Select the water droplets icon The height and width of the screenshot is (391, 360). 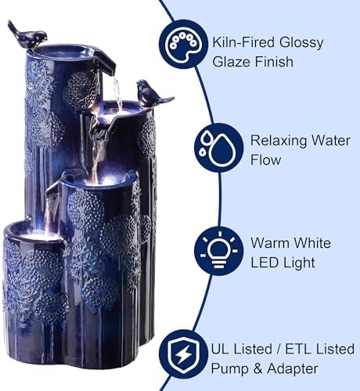[218, 148]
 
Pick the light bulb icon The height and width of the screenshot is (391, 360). [218, 250]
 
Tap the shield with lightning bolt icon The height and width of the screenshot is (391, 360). [184, 354]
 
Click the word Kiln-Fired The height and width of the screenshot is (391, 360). [243, 42]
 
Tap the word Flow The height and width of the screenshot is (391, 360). [266, 160]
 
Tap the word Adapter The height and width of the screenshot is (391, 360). [293, 369]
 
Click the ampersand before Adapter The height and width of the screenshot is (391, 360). [257, 369]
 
